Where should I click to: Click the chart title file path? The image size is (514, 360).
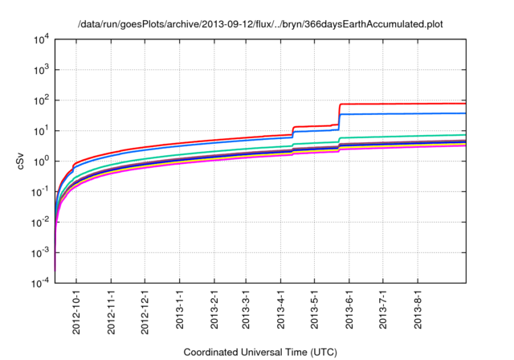pos(260,25)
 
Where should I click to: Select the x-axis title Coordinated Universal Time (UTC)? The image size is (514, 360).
pos(260,352)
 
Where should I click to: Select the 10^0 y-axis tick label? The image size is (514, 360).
pos(40,162)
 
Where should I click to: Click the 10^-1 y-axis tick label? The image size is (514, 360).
pos(39,192)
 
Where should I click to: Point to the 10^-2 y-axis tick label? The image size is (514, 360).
pos(39,223)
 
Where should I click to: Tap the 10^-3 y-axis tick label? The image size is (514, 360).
pos(39,253)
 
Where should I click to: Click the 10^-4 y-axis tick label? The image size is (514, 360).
pos(39,284)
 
